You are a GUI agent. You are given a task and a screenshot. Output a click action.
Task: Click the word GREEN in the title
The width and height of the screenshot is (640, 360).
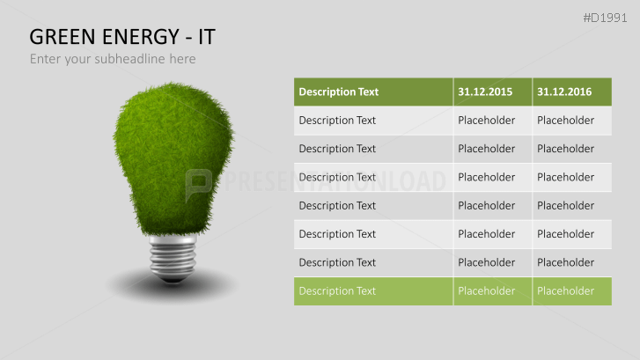(63, 37)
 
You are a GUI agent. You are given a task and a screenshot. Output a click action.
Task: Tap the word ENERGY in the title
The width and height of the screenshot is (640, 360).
(141, 37)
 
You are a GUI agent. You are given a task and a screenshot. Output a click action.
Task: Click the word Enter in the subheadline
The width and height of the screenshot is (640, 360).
(46, 59)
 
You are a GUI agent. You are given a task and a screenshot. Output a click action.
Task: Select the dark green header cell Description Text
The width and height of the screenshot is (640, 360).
(338, 92)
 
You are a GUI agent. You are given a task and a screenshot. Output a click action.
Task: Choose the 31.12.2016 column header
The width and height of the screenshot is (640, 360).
(564, 92)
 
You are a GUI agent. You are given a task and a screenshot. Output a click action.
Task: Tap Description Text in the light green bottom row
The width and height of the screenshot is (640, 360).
(337, 290)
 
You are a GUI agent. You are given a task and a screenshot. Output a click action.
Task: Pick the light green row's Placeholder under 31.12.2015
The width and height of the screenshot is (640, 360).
(487, 290)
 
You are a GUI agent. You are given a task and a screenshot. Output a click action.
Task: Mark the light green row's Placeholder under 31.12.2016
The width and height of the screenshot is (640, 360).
(565, 290)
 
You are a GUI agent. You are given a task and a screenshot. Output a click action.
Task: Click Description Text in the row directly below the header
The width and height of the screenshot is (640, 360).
(337, 121)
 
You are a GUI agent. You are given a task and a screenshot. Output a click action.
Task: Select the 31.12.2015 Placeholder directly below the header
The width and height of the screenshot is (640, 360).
(487, 121)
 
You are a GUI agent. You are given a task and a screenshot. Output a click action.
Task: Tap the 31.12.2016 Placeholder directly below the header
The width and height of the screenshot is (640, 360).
(565, 121)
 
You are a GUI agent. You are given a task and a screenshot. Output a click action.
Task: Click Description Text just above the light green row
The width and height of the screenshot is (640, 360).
(337, 262)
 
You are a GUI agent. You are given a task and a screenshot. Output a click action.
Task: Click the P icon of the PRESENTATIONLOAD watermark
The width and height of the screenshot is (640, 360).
(199, 181)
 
